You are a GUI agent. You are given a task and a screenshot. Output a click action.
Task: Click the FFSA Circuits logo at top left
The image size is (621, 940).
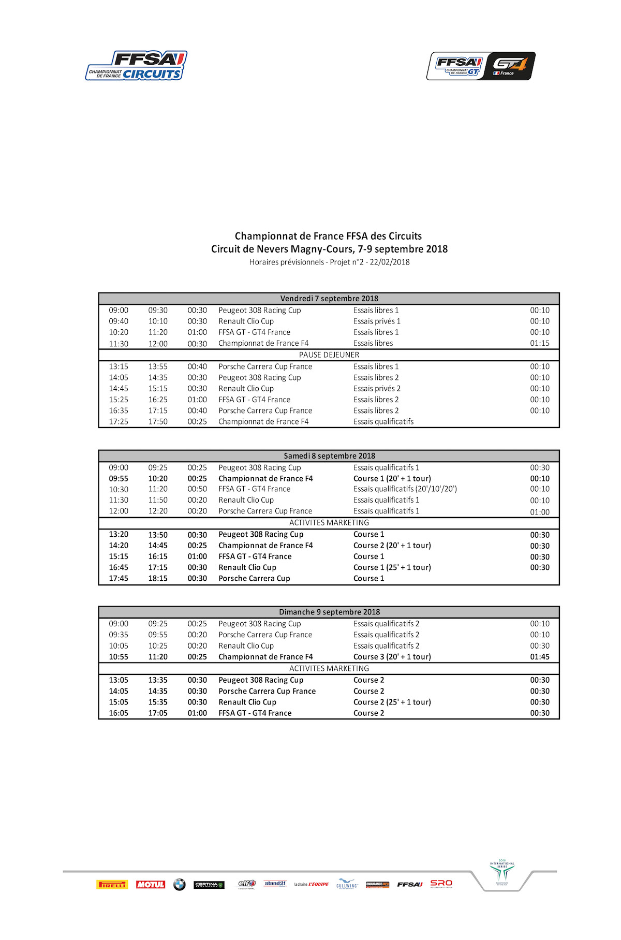tap(136, 66)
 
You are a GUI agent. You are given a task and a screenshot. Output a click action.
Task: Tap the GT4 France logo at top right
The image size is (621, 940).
tap(481, 66)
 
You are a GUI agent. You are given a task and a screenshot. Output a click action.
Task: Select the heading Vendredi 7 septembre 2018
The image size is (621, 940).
tap(329, 299)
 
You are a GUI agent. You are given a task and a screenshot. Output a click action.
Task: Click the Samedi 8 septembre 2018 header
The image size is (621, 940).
tap(329, 456)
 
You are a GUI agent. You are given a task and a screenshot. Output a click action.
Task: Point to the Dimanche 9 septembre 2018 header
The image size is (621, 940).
tap(329, 612)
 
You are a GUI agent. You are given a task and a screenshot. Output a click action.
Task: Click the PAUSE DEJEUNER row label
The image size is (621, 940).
tap(329, 355)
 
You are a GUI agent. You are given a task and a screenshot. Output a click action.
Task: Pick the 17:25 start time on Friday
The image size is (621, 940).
tap(119, 422)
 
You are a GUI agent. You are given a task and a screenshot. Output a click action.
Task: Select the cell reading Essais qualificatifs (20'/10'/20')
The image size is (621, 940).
tap(405, 489)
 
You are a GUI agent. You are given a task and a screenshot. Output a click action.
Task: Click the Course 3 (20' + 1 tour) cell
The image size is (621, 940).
tap(392, 657)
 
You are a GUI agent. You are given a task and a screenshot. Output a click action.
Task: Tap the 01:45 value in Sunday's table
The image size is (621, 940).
tap(540, 657)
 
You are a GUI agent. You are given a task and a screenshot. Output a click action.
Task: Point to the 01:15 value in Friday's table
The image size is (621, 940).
tap(540, 343)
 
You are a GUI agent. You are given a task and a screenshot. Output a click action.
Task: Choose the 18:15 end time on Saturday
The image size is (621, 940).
tap(158, 579)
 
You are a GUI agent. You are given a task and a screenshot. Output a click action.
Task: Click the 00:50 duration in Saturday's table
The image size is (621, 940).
tap(197, 489)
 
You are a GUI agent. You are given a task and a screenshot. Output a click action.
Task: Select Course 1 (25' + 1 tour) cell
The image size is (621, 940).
tap(392, 567)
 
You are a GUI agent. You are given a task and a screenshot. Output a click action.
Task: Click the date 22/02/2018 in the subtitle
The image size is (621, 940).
tap(390, 262)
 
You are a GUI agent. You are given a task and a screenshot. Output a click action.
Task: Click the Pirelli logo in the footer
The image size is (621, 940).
tap(112, 885)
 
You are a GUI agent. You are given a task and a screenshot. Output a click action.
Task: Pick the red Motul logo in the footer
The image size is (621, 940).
tap(151, 885)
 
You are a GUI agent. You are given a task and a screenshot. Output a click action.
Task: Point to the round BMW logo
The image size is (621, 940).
tap(180, 885)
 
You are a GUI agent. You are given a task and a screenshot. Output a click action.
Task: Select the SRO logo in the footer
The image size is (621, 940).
tap(441, 884)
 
